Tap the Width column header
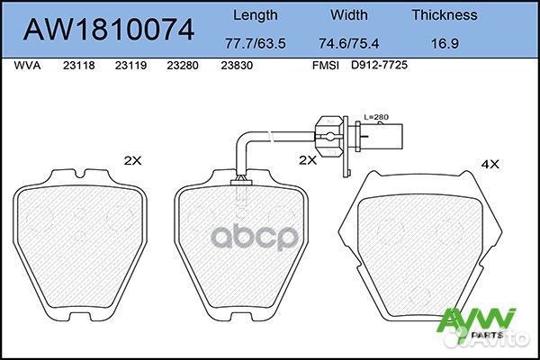(350, 14)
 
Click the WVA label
(30, 66)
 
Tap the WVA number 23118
(78, 66)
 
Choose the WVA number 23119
(130, 66)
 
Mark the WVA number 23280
(183, 66)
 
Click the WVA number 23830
(236, 66)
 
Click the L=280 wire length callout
(376, 117)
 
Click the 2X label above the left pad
(132, 161)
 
